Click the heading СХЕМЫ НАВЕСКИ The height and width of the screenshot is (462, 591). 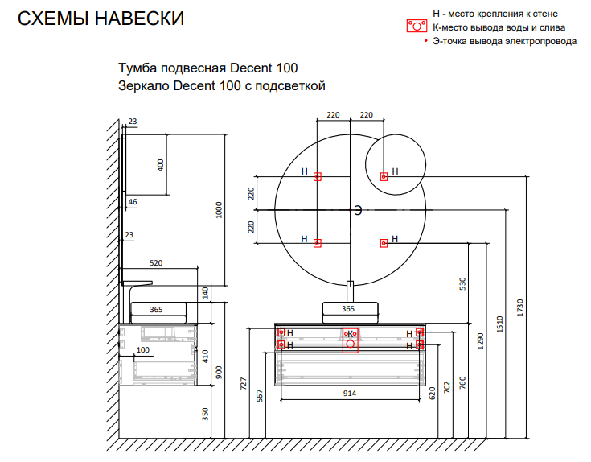tap(101, 19)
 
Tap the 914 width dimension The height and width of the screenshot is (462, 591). tap(350, 393)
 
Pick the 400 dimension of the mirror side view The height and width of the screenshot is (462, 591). tap(161, 165)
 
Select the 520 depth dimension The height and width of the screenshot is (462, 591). tap(157, 263)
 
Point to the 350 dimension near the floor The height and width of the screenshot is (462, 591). tap(206, 414)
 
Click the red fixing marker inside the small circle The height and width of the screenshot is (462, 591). tap(384, 175)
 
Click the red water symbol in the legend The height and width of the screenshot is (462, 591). tap(415, 27)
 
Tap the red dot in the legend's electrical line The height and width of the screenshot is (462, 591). tap(427, 40)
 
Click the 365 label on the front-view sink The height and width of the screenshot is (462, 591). tap(348, 308)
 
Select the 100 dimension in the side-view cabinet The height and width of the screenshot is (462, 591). tap(143, 350)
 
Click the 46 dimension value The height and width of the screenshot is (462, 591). tap(133, 201)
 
